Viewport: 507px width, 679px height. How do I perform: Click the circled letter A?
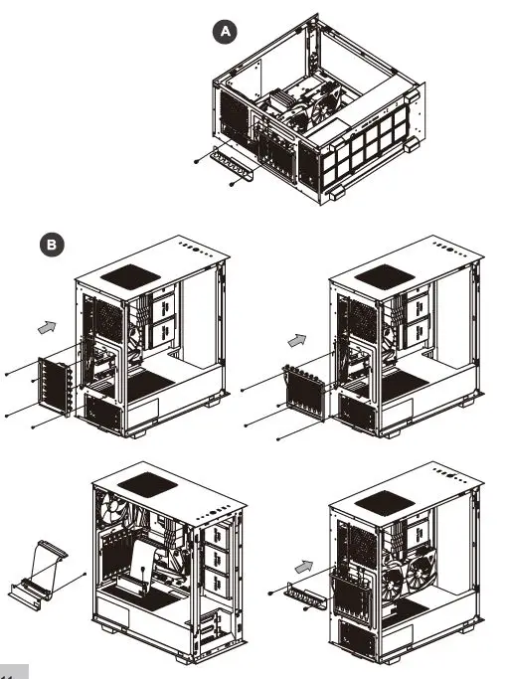point(228,32)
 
